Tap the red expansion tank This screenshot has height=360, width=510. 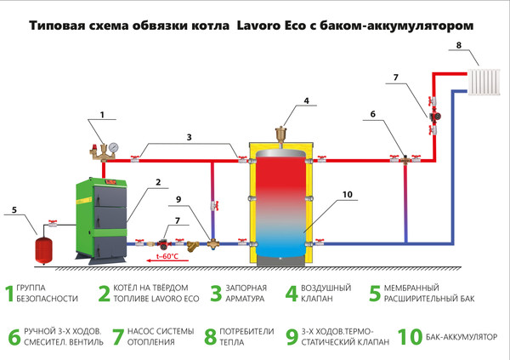point(38,248)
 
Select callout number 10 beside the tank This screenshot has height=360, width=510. point(347,195)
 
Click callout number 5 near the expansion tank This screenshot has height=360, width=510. point(13,209)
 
